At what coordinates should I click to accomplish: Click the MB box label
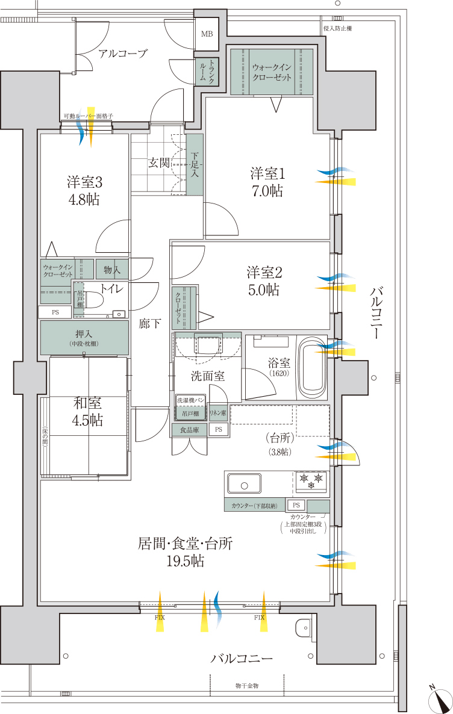207,34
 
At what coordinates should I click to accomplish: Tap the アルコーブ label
123,54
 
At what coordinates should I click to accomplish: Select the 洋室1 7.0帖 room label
267,182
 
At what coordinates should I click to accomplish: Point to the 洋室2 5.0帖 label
263,281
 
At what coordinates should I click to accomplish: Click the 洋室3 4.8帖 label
84,190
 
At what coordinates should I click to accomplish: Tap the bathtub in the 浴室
313,368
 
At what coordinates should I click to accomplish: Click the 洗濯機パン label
191,400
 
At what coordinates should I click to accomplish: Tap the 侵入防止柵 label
337,28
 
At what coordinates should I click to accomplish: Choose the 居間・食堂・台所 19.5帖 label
185,551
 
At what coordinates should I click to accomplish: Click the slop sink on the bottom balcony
302,629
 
